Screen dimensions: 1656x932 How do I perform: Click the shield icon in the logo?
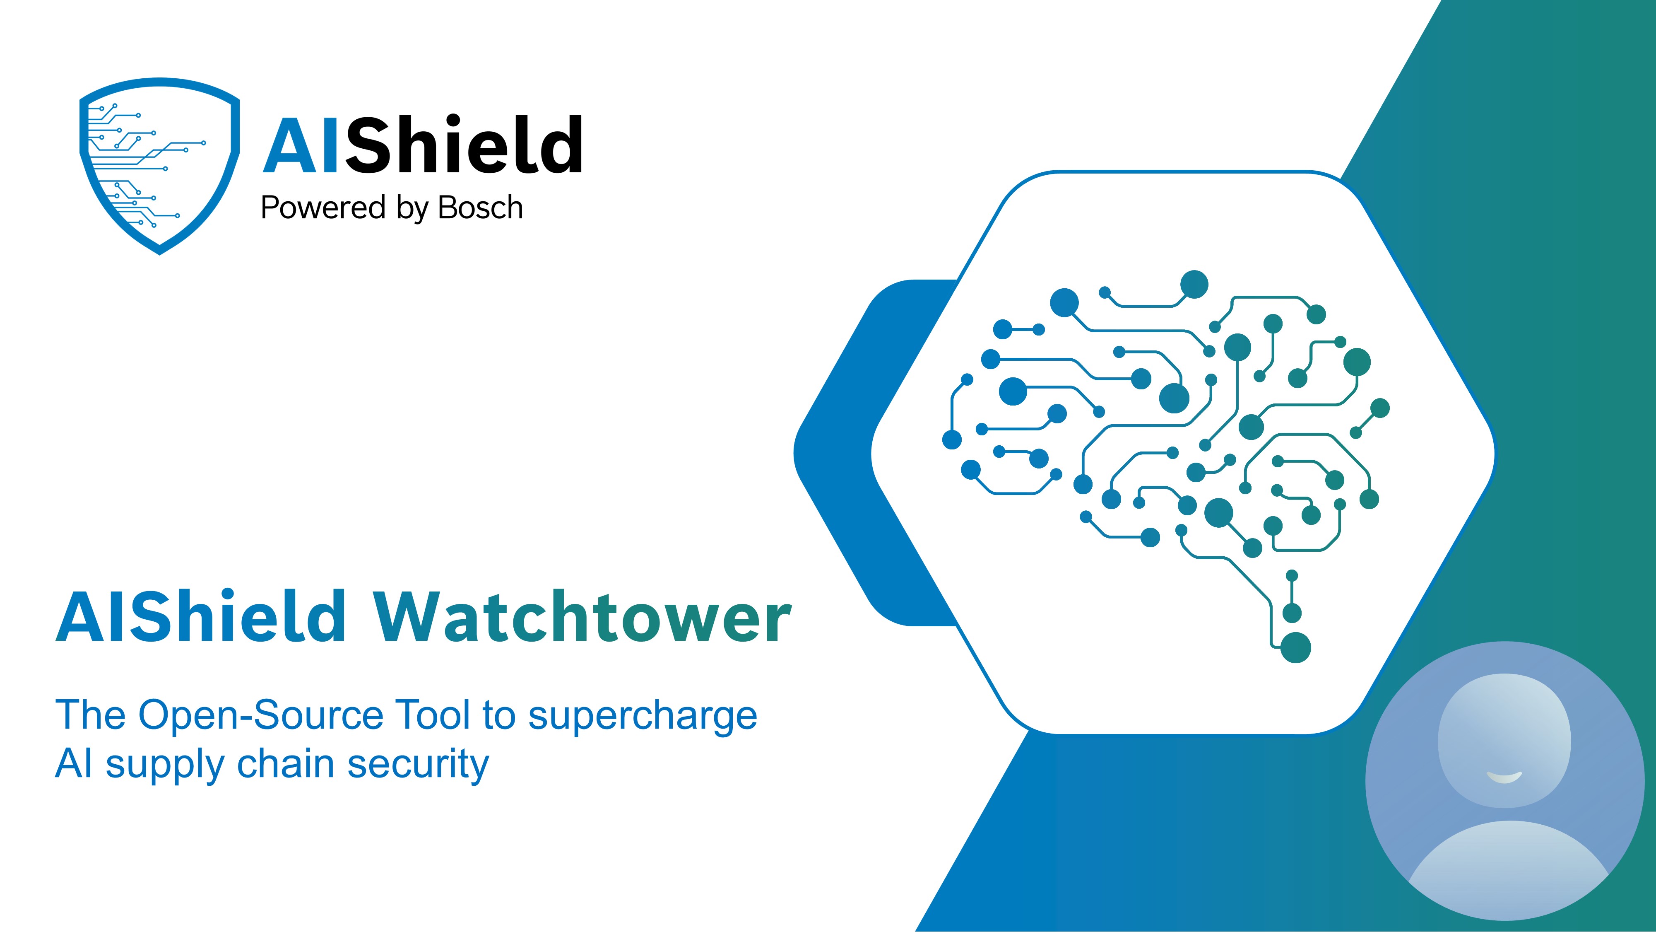point(159,166)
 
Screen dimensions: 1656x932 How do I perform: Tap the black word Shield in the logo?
point(464,144)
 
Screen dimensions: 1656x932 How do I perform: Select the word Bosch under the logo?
point(480,208)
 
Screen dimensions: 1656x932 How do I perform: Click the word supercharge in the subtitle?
point(642,717)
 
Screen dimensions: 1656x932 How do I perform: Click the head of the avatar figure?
point(1504,740)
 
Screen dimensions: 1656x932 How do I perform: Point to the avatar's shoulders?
point(1507,868)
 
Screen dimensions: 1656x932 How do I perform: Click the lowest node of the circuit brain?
point(1295,647)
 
